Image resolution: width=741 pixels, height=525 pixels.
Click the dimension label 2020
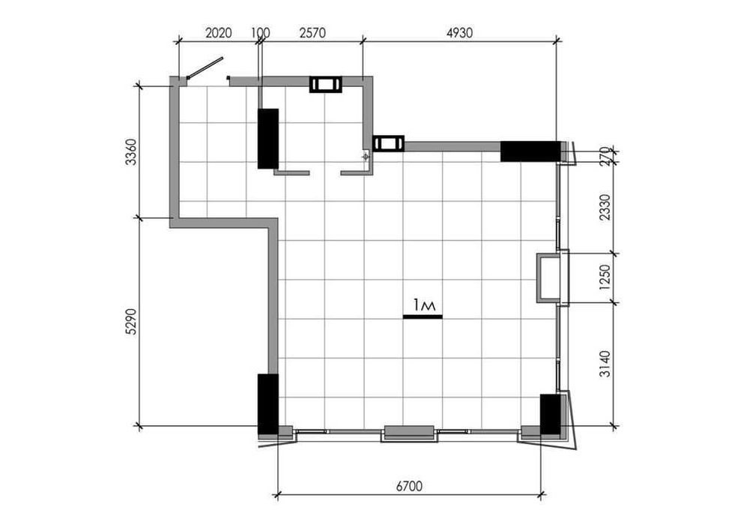tap(217, 33)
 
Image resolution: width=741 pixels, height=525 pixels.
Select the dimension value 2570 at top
tap(312, 33)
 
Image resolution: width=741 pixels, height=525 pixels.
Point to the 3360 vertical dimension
tap(131, 152)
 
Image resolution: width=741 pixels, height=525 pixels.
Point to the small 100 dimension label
tap(261, 33)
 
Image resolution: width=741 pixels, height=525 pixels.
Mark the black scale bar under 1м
tap(423, 316)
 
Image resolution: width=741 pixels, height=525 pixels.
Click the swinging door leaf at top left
tap(205, 67)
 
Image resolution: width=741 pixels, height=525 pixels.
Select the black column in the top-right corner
tap(530, 151)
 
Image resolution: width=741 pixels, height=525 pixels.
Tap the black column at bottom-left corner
tap(267, 404)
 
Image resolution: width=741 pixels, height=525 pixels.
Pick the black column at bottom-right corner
tap(550, 413)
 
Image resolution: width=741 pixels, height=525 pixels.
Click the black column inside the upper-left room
tap(268, 139)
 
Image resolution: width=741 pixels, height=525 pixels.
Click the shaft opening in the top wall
tap(326, 84)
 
